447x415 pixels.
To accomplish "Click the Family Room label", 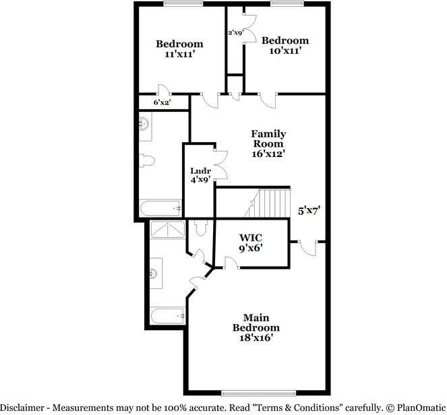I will [268, 138].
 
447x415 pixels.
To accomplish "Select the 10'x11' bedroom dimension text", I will [285, 50].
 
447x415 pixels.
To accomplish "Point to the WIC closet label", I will [251, 237].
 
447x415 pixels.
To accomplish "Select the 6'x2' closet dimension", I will [162, 102].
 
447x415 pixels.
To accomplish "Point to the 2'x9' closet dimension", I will [235, 32].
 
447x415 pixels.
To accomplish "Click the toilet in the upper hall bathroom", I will [146, 161].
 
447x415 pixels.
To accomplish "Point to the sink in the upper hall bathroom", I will [144, 123].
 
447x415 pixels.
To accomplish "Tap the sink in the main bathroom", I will [154, 273].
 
